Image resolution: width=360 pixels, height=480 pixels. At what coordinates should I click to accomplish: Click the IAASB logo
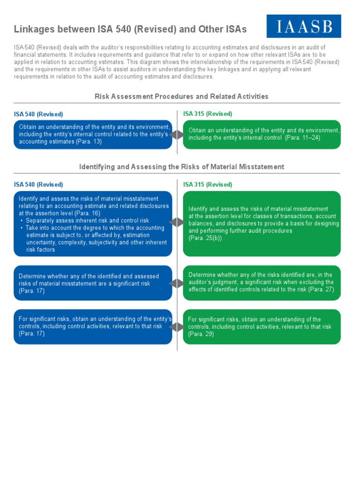tap(304, 26)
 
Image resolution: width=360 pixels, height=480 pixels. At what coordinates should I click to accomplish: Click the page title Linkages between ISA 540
tap(130, 30)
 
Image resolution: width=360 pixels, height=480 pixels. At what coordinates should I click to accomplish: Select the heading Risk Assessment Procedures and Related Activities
tap(181, 97)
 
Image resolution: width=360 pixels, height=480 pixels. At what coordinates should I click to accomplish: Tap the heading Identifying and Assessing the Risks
tap(181, 167)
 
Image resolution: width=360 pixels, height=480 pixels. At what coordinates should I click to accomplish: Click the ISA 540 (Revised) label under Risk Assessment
tap(38, 114)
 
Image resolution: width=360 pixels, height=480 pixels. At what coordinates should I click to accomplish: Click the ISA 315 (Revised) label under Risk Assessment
tap(208, 114)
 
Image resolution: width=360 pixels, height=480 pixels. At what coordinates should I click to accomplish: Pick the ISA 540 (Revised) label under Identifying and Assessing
tap(38, 185)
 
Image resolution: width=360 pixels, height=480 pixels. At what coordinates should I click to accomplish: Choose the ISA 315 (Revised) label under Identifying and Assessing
tap(208, 185)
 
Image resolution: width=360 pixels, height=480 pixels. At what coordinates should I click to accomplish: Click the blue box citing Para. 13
tap(93, 135)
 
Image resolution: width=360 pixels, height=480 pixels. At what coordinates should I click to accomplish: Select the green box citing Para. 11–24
tap(262, 135)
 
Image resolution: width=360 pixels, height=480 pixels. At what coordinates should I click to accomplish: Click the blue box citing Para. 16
tap(93, 224)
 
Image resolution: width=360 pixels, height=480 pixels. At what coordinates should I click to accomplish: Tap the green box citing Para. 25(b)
tap(262, 224)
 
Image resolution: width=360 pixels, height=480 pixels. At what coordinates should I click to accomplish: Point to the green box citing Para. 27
tap(262, 283)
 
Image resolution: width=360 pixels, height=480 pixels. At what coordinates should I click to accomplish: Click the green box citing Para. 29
tap(262, 327)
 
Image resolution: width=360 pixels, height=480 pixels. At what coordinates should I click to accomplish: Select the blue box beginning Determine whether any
tap(93, 284)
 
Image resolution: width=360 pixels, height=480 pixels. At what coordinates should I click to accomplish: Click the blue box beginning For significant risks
tap(93, 327)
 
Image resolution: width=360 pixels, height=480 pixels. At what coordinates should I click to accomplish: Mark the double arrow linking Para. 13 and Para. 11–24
tap(177, 135)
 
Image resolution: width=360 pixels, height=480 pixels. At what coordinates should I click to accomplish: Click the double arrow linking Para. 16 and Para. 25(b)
tap(177, 222)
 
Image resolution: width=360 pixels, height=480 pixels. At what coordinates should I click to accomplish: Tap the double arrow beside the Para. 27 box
tap(177, 284)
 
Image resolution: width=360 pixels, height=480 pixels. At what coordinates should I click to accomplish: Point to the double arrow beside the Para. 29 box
tap(177, 327)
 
